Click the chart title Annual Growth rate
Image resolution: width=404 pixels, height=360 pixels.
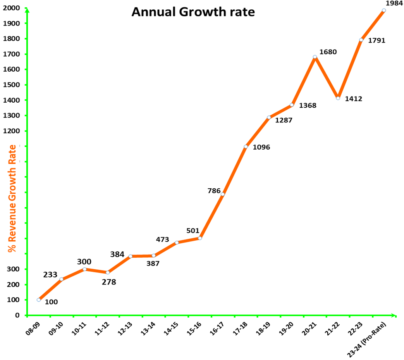[x=193, y=12]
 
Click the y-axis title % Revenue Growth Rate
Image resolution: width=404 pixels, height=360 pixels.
[x=13, y=198]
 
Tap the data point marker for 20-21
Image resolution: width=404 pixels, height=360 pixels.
[x=315, y=57]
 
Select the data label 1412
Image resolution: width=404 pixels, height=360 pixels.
[x=354, y=99]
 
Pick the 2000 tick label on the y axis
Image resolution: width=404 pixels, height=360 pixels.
[x=12, y=8]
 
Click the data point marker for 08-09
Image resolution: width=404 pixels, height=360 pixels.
[x=39, y=300]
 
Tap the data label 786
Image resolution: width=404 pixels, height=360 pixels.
[x=214, y=191]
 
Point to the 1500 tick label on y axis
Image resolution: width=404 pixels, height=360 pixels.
[x=12, y=85]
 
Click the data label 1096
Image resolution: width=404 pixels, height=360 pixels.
[x=261, y=147]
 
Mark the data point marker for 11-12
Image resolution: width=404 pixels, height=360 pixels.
[x=108, y=272]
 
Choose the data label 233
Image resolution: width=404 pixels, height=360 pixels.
[x=51, y=274]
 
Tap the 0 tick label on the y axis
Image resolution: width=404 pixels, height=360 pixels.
[x=17, y=315]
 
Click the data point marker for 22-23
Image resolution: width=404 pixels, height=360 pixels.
[x=361, y=40]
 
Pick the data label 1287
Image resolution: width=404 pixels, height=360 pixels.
[x=284, y=120]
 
